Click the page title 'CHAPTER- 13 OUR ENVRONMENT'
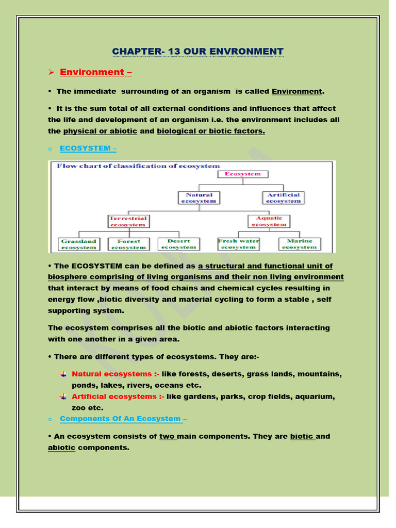[x=198, y=52]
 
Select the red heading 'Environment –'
[x=95, y=72]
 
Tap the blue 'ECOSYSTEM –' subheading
[x=88, y=148]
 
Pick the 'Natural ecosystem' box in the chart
[x=199, y=198]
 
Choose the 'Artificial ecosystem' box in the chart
[x=283, y=198]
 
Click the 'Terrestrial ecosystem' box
[x=127, y=221]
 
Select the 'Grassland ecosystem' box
[x=79, y=244]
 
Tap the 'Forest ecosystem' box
[x=128, y=244]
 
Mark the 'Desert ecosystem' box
[x=178, y=244]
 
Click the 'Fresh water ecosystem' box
[x=238, y=244]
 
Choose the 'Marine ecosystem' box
[x=299, y=244]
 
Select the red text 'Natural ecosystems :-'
[x=115, y=374]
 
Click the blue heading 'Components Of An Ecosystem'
[x=121, y=419]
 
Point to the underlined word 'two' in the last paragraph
[x=168, y=436]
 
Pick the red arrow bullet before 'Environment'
[x=51, y=72]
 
